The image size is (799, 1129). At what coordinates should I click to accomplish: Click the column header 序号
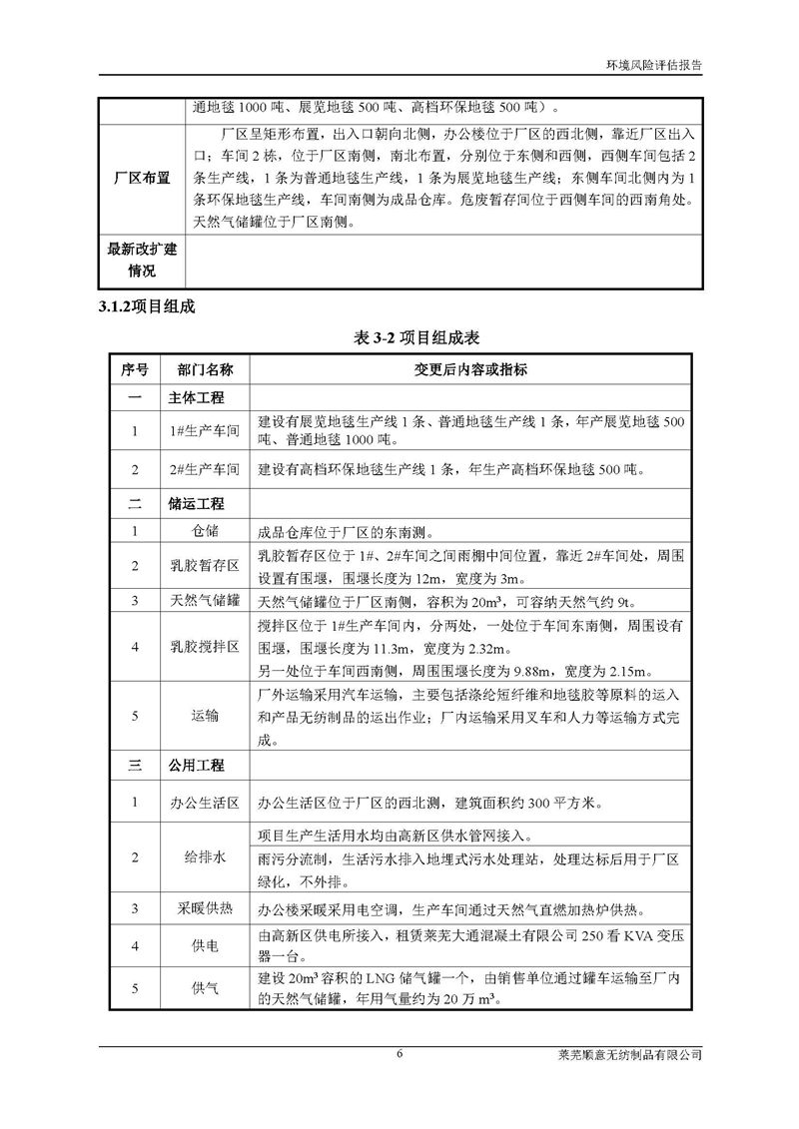[x=134, y=370]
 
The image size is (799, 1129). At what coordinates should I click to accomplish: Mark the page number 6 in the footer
[x=399, y=1054]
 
